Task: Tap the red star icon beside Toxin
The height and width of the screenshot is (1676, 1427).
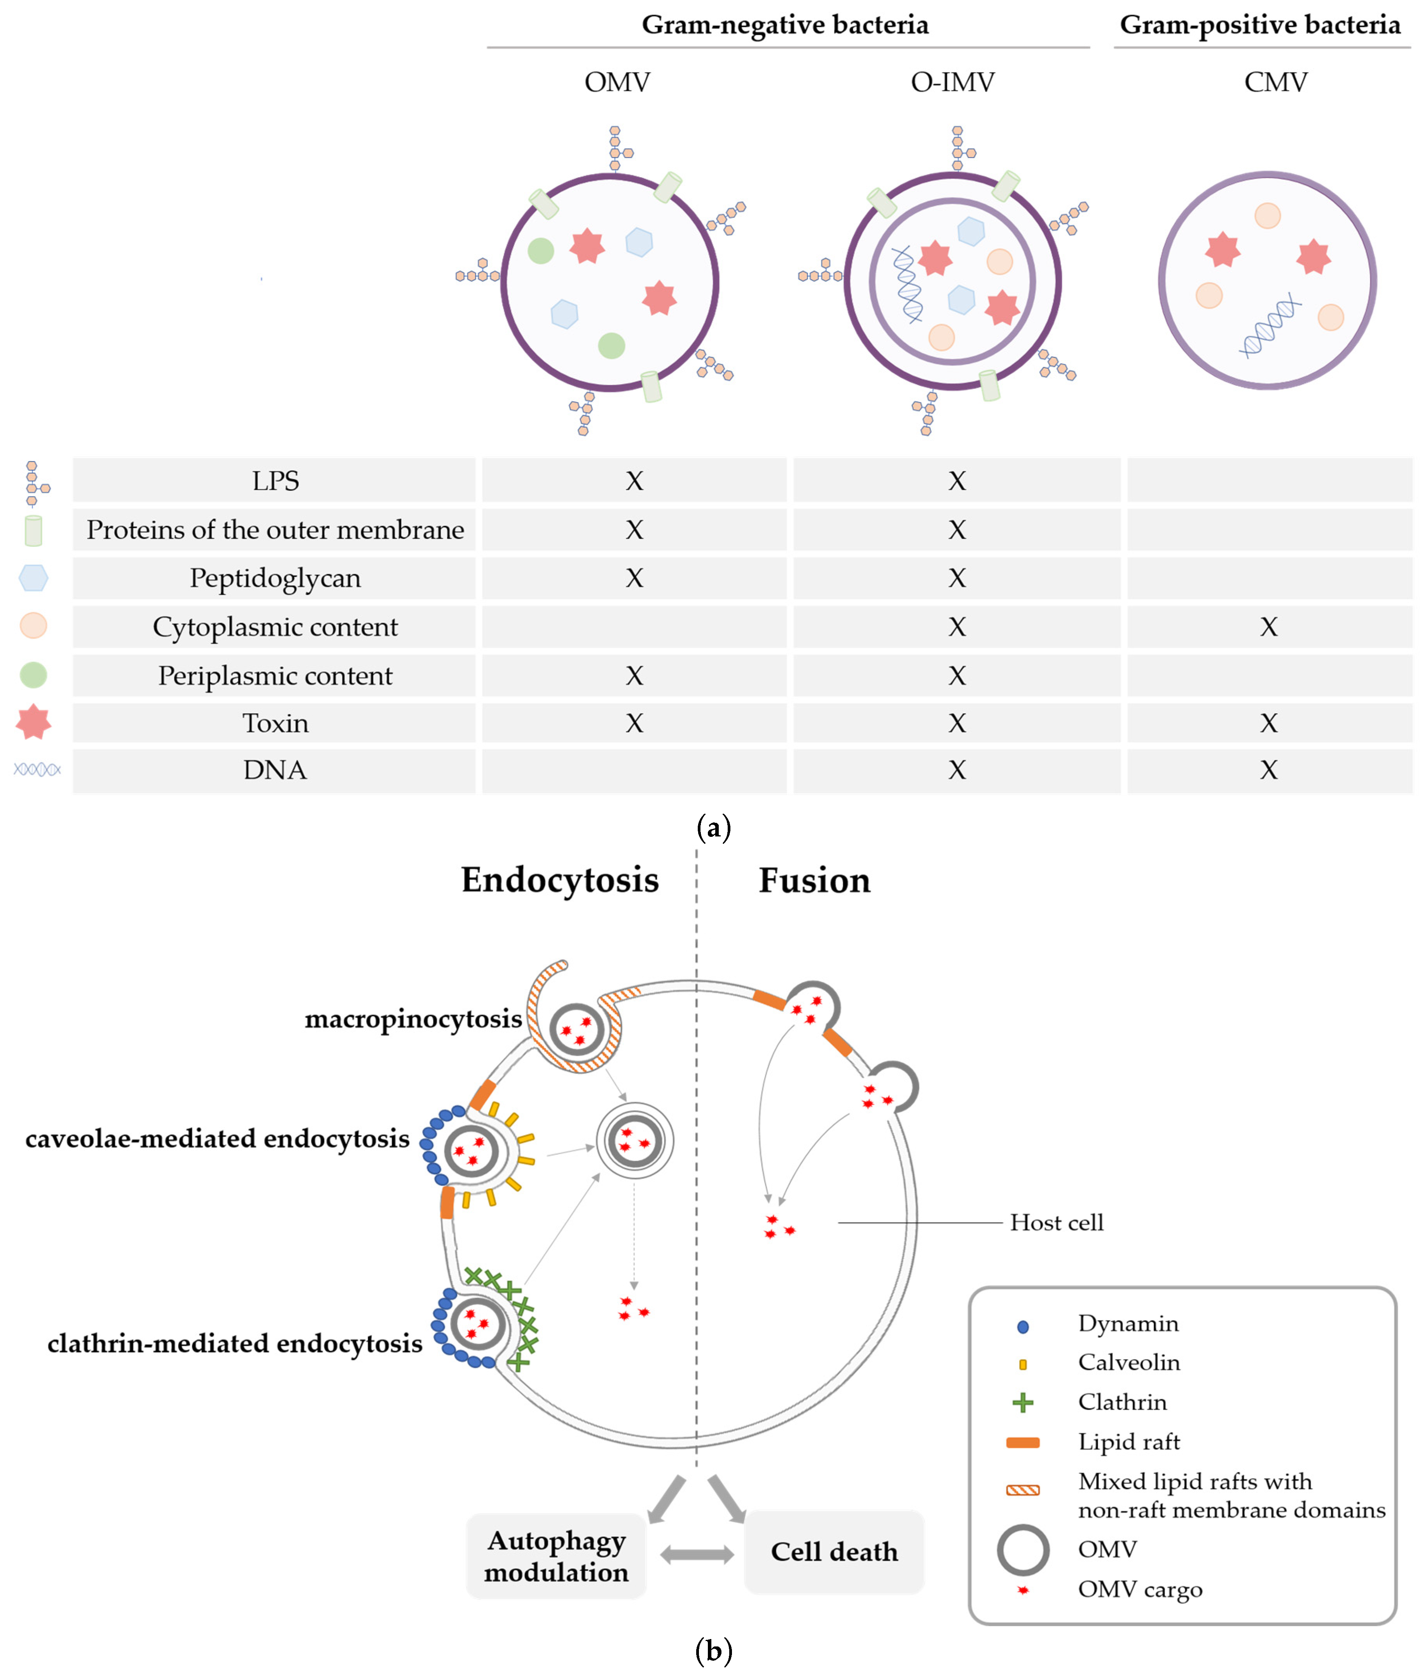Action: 33,721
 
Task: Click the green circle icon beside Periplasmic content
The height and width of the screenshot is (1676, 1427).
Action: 33,675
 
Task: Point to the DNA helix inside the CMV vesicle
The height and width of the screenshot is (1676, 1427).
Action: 1270,325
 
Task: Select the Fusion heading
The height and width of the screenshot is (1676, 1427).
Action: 814,880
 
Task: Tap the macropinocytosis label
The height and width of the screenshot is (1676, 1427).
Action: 413,1018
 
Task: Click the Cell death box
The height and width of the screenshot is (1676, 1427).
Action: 833,1552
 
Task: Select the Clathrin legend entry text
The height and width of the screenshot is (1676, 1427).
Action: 1122,1402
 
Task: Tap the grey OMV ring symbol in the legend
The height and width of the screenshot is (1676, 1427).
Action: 1023,1550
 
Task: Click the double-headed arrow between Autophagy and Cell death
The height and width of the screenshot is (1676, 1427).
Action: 696,1554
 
